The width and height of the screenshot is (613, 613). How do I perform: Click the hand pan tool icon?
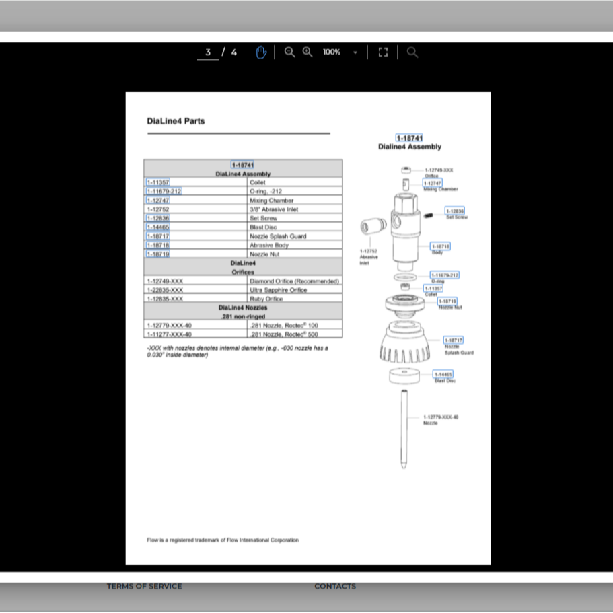pos(261,52)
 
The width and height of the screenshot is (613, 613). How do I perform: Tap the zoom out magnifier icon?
pos(289,52)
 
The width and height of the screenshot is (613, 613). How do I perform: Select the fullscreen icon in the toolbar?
pos(383,52)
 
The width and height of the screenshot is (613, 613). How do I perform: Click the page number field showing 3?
pos(208,52)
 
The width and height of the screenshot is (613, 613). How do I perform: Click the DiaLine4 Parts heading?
pos(176,122)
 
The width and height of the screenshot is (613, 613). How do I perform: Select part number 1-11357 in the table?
pos(158,182)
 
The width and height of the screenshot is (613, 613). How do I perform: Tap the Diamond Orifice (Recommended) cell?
pos(294,281)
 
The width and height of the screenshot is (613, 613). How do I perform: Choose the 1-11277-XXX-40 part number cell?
pos(170,334)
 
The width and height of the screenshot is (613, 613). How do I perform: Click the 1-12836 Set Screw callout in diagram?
pos(455,211)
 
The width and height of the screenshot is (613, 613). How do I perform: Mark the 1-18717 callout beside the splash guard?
pos(453,340)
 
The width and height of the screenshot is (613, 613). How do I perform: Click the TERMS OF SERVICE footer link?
pos(144,586)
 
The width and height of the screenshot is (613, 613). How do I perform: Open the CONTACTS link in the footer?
pos(335,586)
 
